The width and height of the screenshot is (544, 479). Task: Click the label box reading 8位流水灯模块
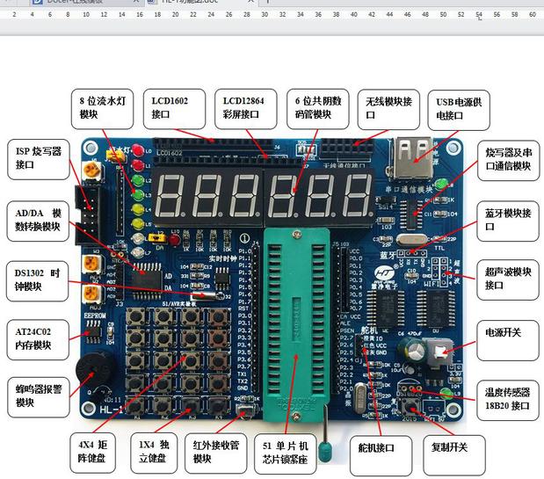[x=103, y=108]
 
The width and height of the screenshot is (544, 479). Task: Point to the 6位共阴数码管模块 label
[x=321, y=108]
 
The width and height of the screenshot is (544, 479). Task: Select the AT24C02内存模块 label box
[x=35, y=338]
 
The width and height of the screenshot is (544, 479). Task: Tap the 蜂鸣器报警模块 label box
[x=35, y=396]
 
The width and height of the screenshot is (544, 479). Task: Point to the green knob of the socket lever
[x=325, y=453]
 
